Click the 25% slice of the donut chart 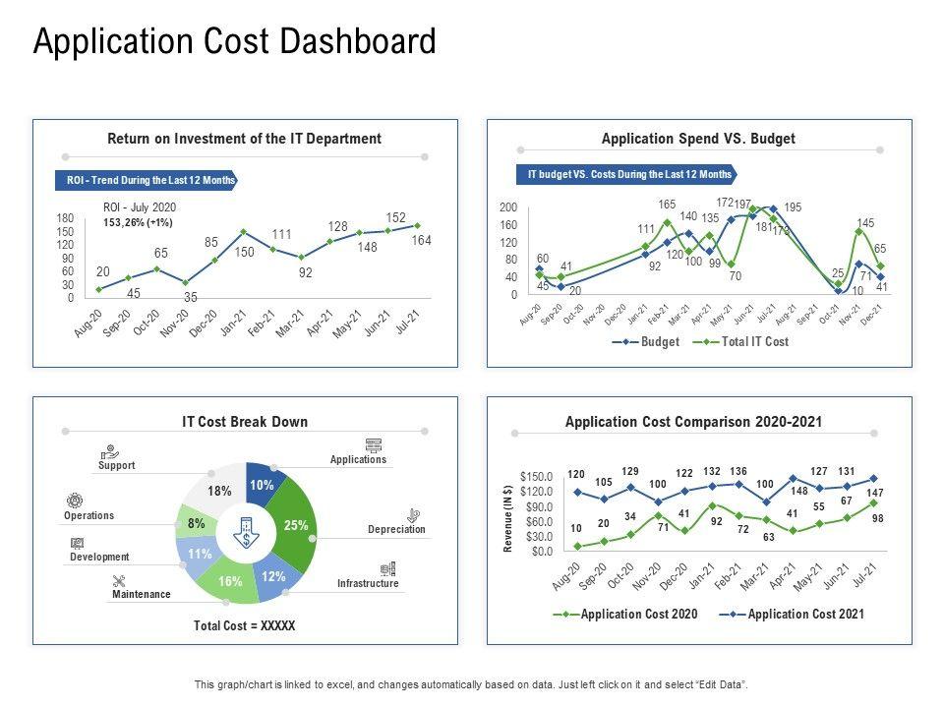tap(295, 525)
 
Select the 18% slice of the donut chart tap(218, 491)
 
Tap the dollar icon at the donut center tap(245, 533)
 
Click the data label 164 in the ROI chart tap(422, 241)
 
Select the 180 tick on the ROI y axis tap(65, 218)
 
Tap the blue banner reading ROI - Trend tap(146, 181)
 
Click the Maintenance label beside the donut tap(141, 594)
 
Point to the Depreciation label tap(396, 529)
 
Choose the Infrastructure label tap(368, 583)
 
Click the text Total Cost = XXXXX tap(244, 625)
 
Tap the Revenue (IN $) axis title tap(508, 518)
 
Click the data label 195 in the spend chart tap(793, 207)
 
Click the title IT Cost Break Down tap(245, 422)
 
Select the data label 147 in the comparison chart tap(874, 493)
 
